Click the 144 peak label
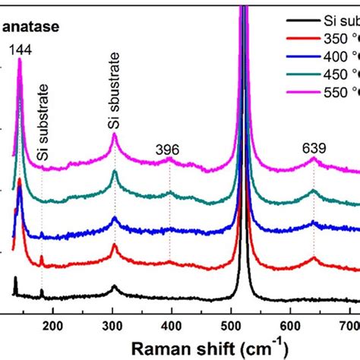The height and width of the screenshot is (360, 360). pos(21,50)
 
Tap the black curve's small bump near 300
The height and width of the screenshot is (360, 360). pos(114,287)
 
